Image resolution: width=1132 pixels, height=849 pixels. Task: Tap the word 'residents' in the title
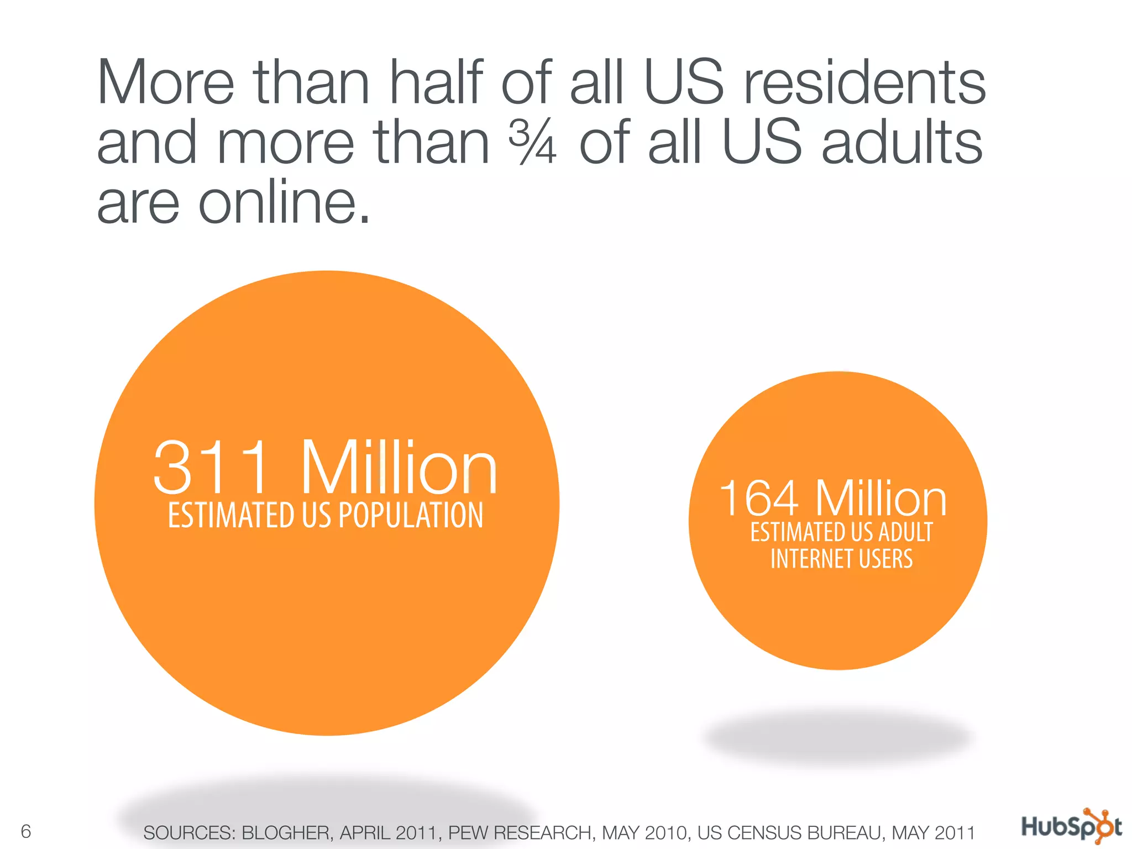click(x=865, y=83)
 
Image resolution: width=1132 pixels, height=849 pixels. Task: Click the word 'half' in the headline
click(x=436, y=83)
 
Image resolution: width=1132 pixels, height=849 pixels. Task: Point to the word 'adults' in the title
click(x=902, y=143)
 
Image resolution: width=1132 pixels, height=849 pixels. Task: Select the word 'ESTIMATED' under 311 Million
click(x=230, y=515)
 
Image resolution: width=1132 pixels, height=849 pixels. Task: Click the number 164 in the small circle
click(x=758, y=499)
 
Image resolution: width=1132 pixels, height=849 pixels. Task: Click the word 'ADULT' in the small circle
click(x=905, y=532)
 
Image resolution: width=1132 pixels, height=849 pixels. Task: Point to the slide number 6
click(x=25, y=831)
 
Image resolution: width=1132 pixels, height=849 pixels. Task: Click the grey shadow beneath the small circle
click(x=838, y=738)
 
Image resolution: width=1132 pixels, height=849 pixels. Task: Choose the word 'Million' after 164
click(x=881, y=499)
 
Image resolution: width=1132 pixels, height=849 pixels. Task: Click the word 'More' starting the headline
click(x=165, y=83)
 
